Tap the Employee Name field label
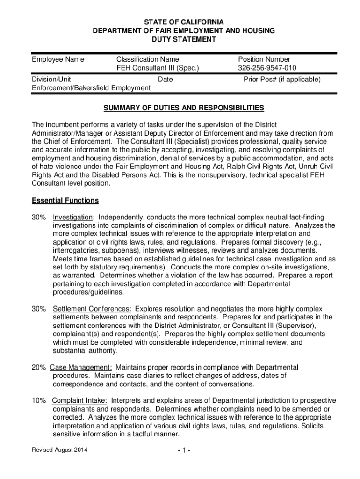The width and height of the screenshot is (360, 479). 58,59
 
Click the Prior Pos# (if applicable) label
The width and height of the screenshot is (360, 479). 282,80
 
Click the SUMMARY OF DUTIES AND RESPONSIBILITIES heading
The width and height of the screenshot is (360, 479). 183,108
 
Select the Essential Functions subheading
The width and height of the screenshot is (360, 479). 65,201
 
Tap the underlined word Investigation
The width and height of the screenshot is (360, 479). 72,218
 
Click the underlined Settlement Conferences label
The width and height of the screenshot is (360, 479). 92,309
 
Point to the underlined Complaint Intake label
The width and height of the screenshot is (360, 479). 79,401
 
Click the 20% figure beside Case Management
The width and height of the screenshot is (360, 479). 38,367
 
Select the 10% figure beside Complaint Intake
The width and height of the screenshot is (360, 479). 38,401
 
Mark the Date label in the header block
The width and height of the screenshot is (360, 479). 165,80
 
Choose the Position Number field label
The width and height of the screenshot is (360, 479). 264,59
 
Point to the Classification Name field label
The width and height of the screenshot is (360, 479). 147,59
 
